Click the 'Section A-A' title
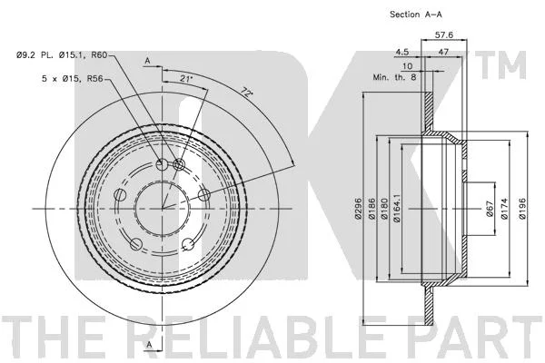tap(416, 15)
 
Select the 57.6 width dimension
tap(444, 34)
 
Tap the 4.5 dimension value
tap(402, 52)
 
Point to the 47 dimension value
tap(443, 52)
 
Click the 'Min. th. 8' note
tap(394, 77)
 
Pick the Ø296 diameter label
tap(359, 208)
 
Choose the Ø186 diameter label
tap(372, 209)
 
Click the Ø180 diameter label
tap(384, 209)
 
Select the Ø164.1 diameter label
tap(397, 209)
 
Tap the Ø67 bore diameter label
tap(490, 209)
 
